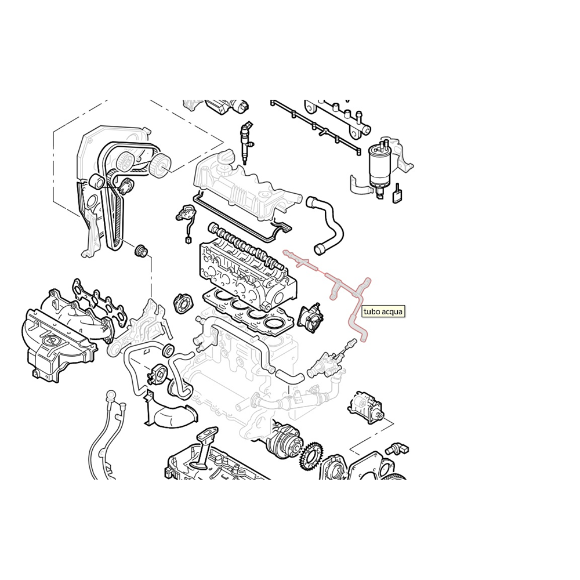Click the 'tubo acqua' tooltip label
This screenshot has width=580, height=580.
[x=383, y=311]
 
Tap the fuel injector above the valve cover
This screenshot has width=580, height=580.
[x=246, y=142]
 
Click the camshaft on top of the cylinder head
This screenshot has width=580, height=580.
[x=244, y=244]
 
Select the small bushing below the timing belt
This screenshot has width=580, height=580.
[x=141, y=251]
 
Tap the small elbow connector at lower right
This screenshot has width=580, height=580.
[x=400, y=448]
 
